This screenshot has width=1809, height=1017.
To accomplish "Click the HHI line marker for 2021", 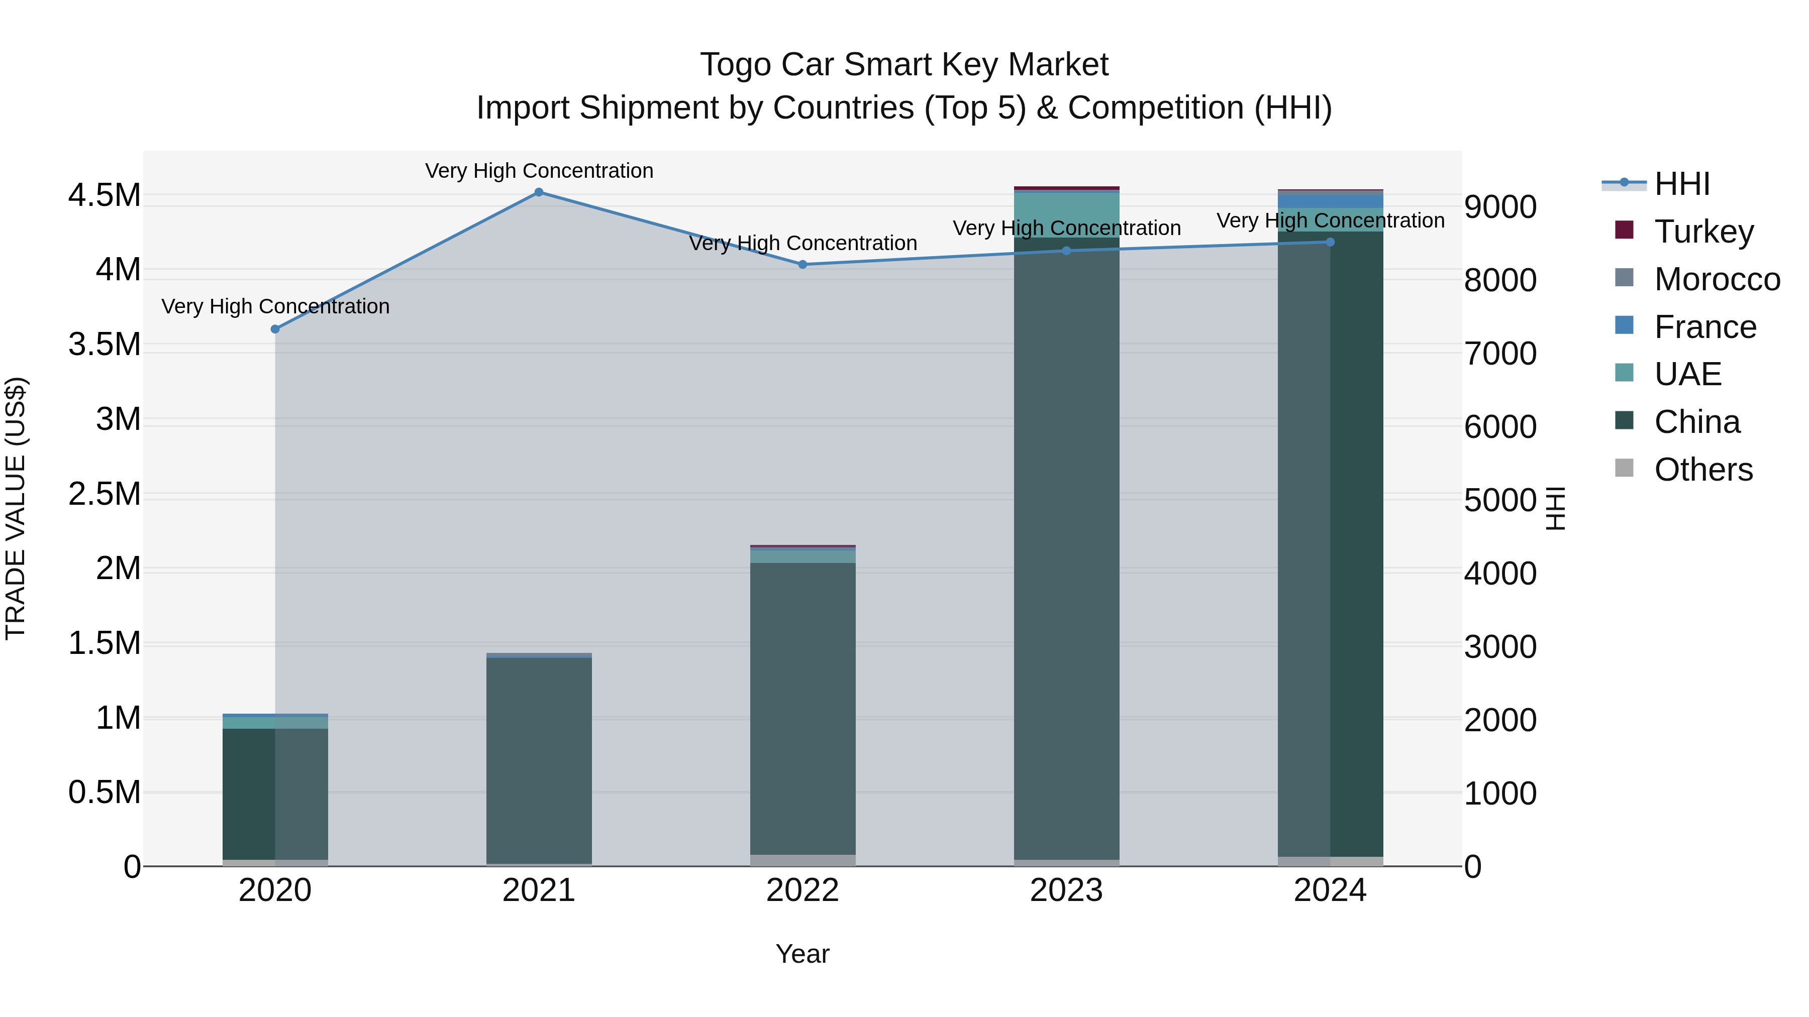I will pos(539,192).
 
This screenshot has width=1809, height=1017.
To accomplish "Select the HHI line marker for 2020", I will pos(275,329).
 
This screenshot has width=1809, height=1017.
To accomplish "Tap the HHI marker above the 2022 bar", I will pos(802,265).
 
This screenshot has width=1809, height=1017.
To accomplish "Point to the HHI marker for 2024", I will pos(1330,242).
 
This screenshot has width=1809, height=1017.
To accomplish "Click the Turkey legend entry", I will pos(1703,231).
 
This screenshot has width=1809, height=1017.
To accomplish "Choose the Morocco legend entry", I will pos(1717,279).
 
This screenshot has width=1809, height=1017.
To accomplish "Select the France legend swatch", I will pos(1624,325).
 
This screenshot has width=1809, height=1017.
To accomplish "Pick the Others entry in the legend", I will pos(1703,470).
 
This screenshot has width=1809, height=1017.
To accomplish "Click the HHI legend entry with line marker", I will pos(1681,184).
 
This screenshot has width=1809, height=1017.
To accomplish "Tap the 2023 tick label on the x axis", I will pos(1066,890).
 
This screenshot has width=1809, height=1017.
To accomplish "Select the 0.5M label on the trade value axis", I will pos(104,793).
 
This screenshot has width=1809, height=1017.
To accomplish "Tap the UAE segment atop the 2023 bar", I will pos(1066,213).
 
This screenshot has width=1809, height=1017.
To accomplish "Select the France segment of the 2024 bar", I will pos(1330,201).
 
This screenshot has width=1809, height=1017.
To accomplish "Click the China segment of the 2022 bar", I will pos(802,709).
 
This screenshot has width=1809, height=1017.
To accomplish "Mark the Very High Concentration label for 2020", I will pos(275,307).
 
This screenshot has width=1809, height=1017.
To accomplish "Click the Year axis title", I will pos(802,954).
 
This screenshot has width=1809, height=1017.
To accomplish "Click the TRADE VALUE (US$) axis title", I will pos(16,508).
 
